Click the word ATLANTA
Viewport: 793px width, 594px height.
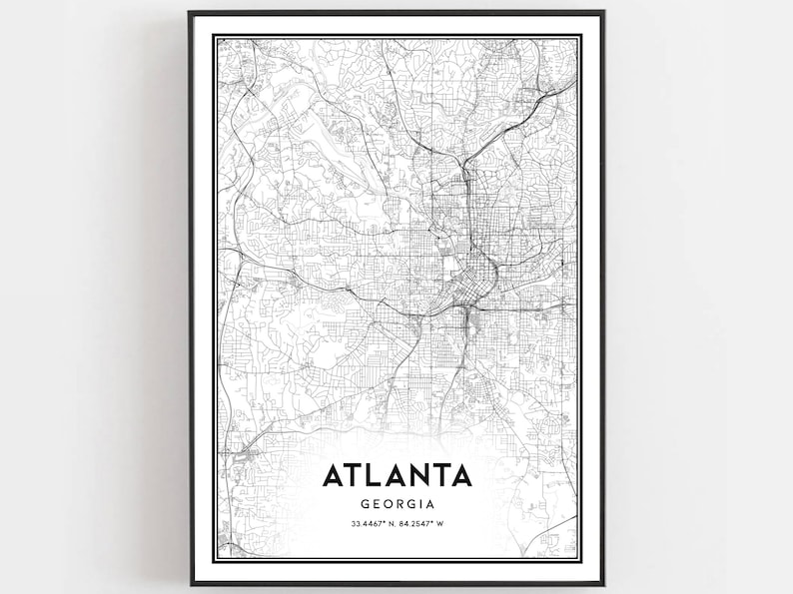tap(396, 474)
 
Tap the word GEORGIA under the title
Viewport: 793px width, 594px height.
tap(396, 505)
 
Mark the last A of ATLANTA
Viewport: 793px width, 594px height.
tap(458, 474)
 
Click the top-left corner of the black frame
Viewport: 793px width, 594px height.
tap(190, 12)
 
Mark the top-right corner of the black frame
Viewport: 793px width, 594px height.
tap(603, 12)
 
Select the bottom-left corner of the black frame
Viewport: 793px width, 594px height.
tap(190, 583)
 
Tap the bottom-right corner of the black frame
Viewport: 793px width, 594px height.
tap(603, 583)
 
